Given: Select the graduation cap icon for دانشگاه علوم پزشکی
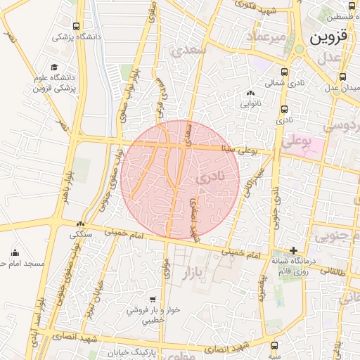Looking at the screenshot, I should [55, 67].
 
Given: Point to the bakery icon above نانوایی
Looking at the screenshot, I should [250, 92].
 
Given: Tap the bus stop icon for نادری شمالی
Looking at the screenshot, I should [284, 72].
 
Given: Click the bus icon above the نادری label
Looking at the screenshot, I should [284, 110].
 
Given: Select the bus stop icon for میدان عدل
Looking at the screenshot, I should [342, 77].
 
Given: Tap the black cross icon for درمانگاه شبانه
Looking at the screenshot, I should [294, 250].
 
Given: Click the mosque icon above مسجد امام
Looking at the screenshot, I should [15, 252].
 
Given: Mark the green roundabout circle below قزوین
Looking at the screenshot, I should [300, 49].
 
